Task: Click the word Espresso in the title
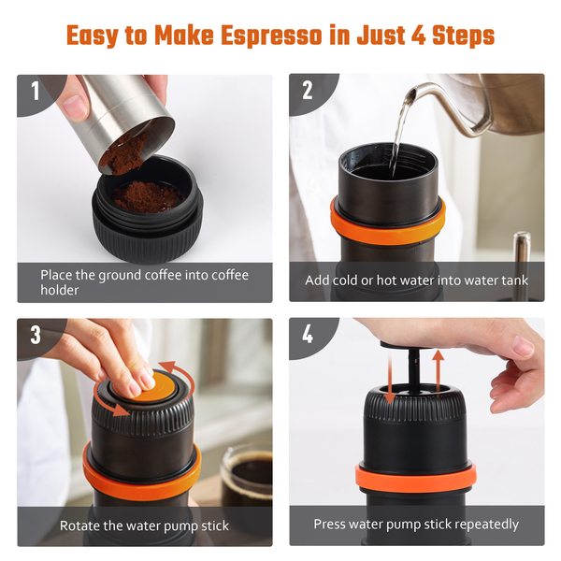click(x=271, y=36)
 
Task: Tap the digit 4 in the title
click(x=419, y=36)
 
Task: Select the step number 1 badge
click(x=36, y=91)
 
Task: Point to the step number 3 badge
click(x=36, y=335)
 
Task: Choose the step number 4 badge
click(x=308, y=335)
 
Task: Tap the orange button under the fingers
click(x=162, y=387)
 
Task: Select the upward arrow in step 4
click(x=438, y=372)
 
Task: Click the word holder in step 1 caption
click(x=60, y=290)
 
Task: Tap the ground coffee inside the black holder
click(x=147, y=196)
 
